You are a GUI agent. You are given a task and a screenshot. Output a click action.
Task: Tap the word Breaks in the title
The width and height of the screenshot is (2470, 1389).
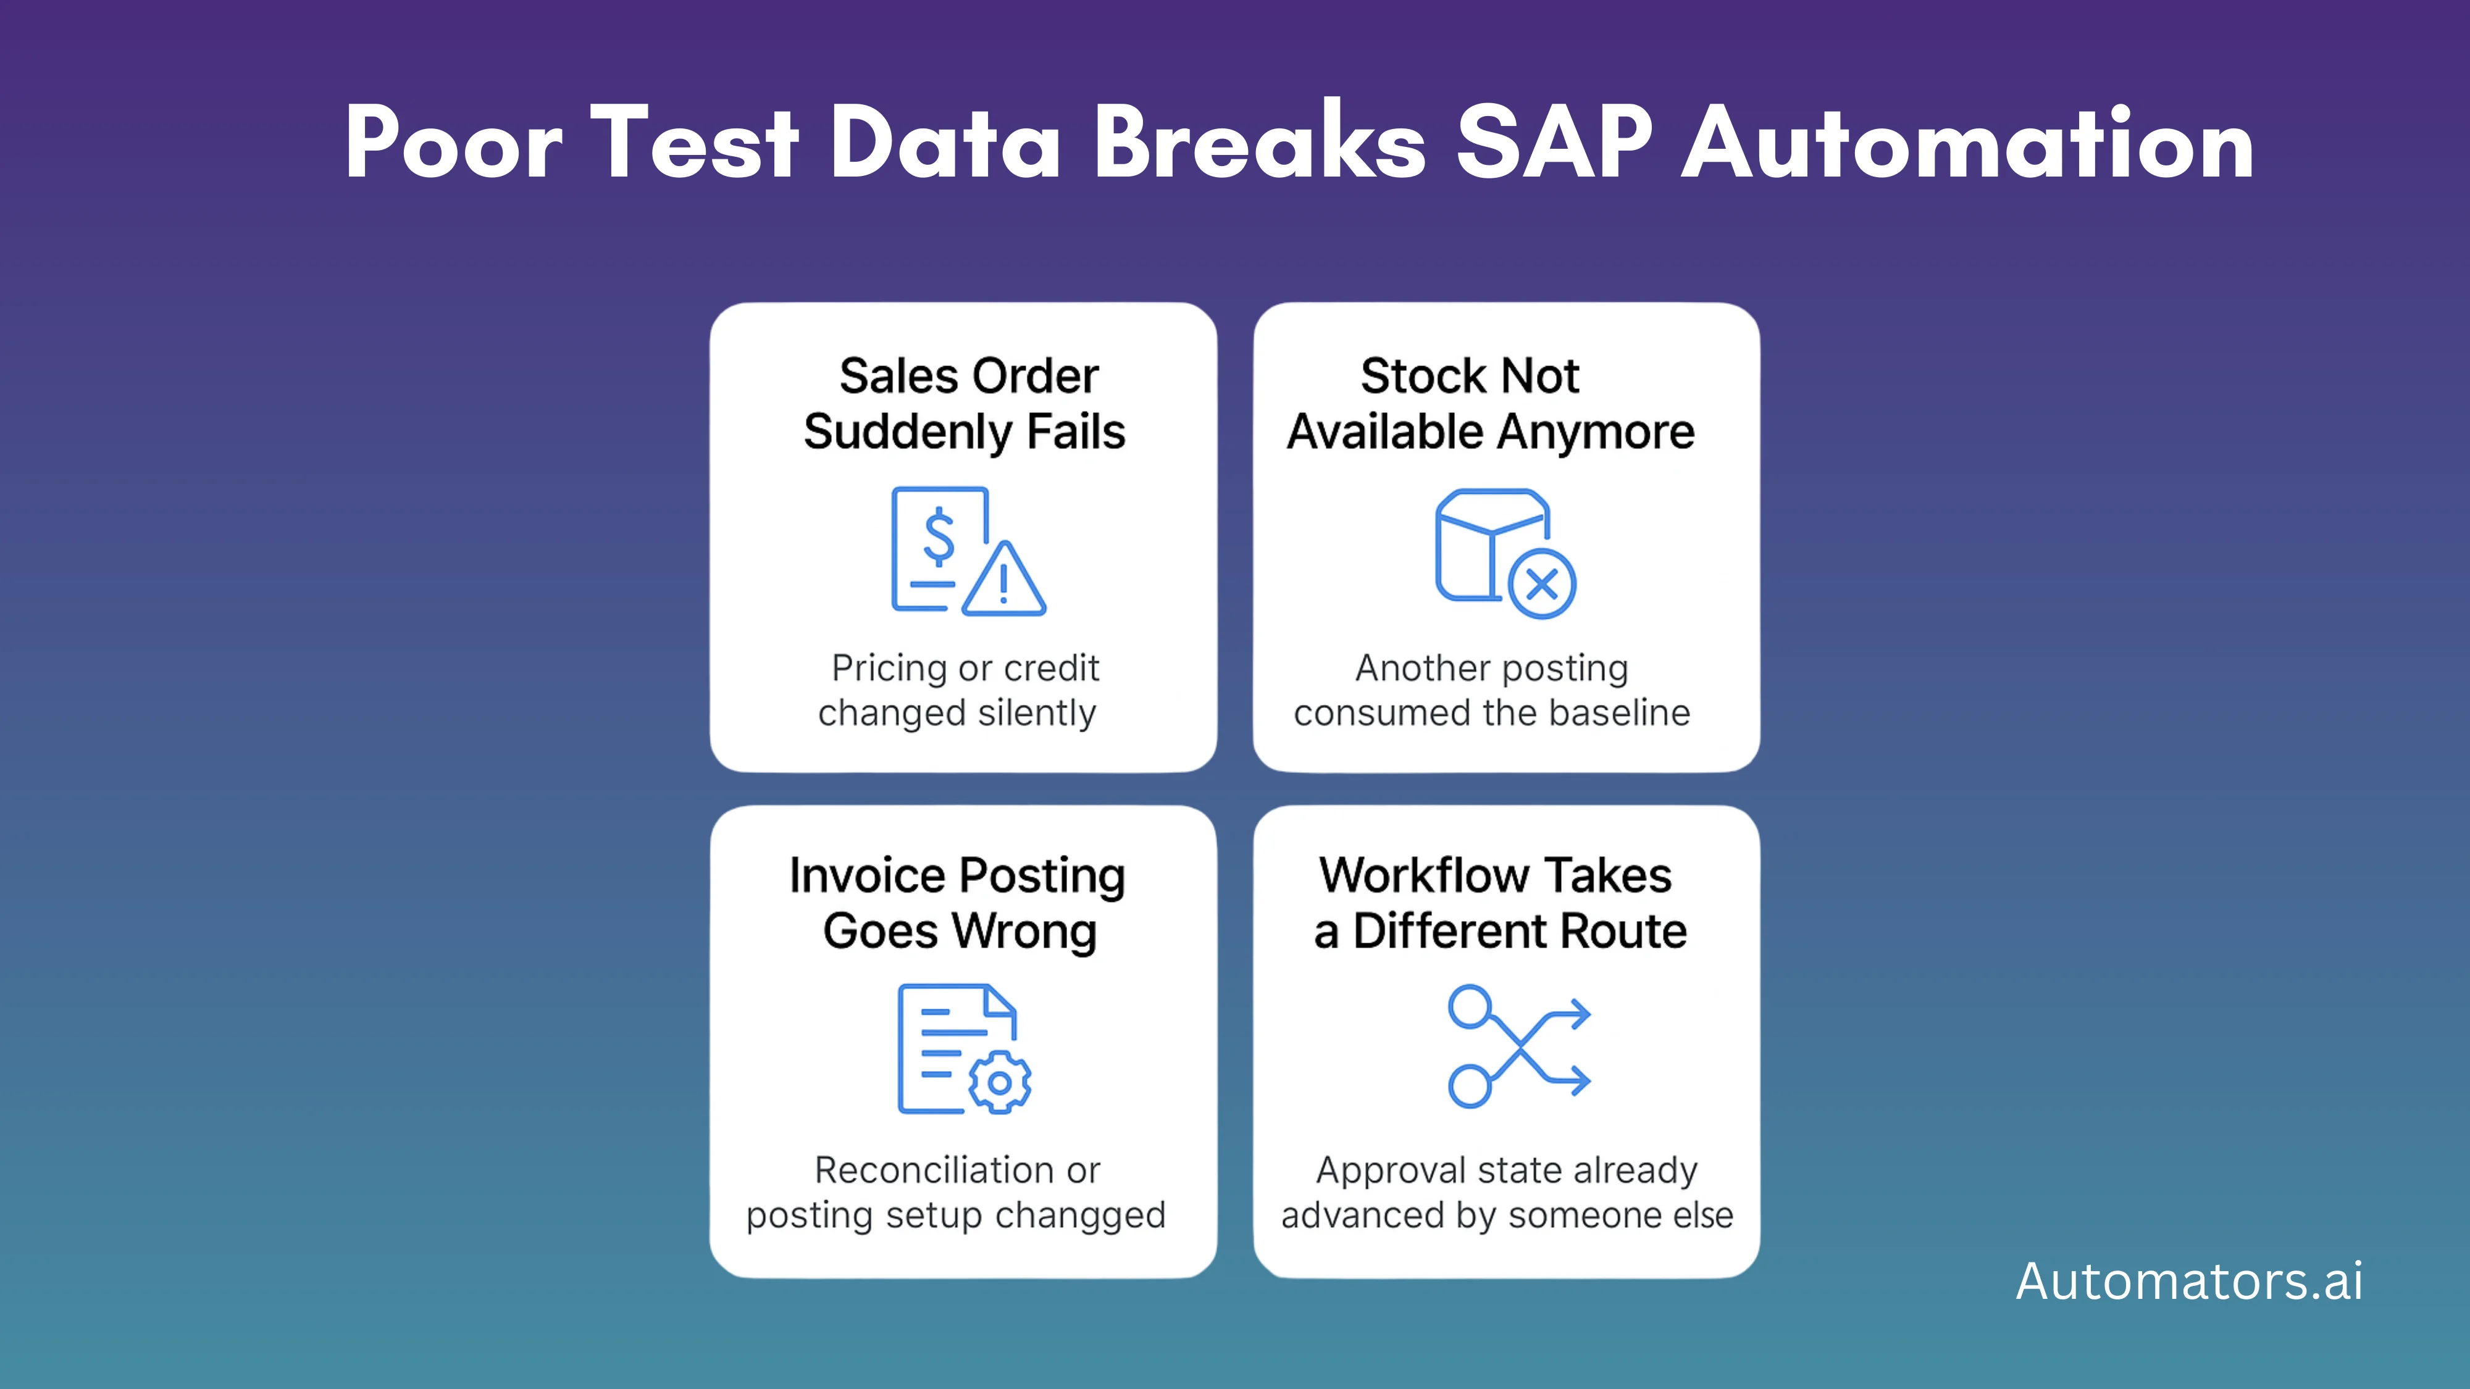(x=1259, y=144)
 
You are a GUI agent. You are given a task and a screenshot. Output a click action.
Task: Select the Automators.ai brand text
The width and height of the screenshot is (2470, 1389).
(x=2189, y=1281)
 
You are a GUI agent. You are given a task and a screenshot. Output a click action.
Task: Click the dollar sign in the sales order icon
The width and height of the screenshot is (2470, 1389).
(x=939, y=537)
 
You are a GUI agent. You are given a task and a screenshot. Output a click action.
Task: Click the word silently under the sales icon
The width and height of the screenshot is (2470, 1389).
(x=1037, y=713)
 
